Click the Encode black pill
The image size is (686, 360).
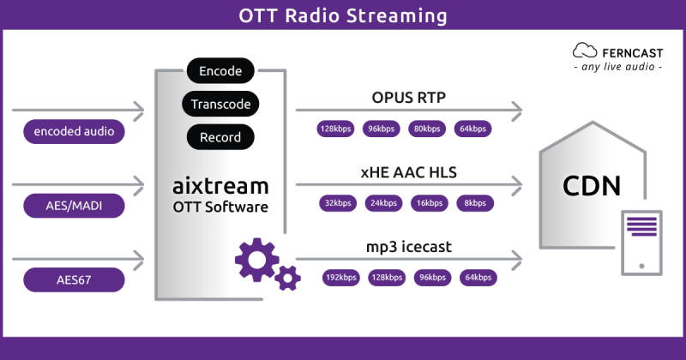[220, 72]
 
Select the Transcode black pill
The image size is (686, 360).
[220, 105]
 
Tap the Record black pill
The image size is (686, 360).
[220, 137]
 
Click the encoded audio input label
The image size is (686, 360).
[74, 131]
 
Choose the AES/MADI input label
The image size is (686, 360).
[74, 206]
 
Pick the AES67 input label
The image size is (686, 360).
[74, 279]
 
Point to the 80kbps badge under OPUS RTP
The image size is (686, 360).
[426, 129]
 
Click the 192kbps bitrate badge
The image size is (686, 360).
[340, 277]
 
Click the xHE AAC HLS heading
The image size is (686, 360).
[408, 172]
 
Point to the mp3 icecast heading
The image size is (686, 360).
[408, 247]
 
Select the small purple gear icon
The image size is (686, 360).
[287, 277]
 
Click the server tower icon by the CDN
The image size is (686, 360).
[641, 242]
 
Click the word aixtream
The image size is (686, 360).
[220, 185]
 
